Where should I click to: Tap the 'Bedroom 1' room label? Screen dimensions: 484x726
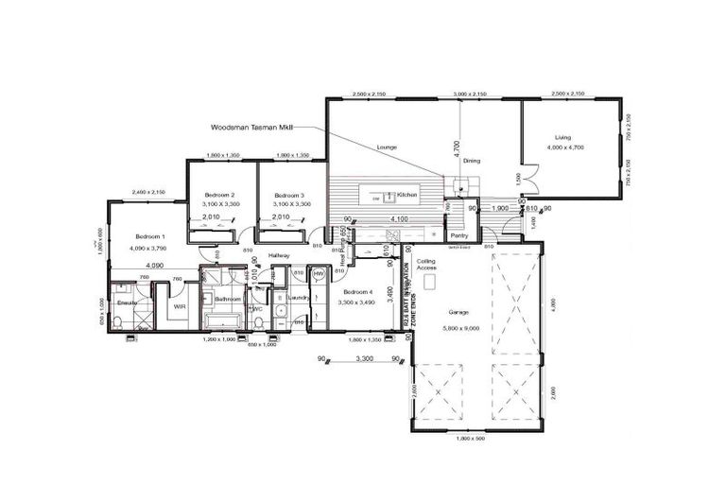coord(149,235)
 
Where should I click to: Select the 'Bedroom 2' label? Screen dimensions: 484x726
coord(219,195)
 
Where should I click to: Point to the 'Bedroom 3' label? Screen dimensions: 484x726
coord(287,195)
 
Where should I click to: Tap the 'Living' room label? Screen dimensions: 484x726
coord(563,137)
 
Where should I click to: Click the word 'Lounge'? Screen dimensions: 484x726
coord(386,148)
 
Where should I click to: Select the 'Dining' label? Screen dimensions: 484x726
coord(471,161)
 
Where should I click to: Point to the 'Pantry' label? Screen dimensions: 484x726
coord(460,235)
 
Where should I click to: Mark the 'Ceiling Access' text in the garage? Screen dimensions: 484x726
coord(425,263)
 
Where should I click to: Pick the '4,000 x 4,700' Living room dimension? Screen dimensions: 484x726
coord(565,147)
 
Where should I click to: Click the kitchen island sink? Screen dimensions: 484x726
coord(389,196)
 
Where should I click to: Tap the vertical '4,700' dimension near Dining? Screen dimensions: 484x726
coord(456,147)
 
